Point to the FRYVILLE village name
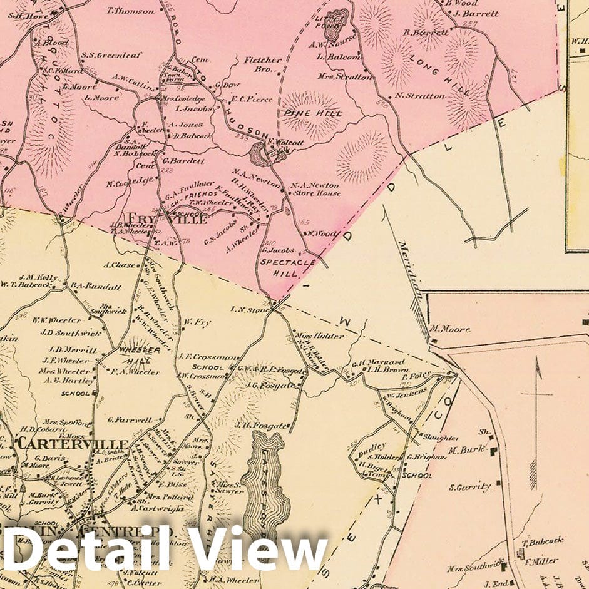pyautogui.click(x=166, y=220)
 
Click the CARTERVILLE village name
pyautogui.click(x=73, y=444)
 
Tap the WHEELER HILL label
pyautogui.click(x=135, y=355)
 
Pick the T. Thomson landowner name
pyautogui.click(x=131, y=11)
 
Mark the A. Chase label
pyautogui.click(x=119, y=265)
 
